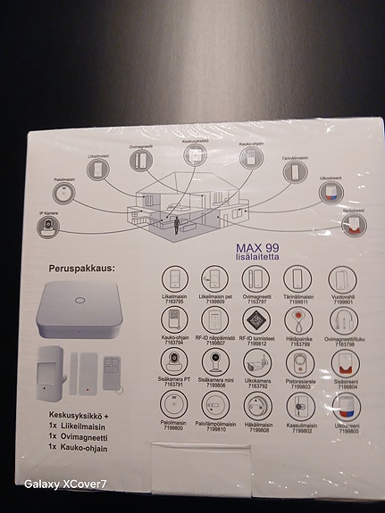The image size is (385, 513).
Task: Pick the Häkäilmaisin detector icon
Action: tap(257, 402)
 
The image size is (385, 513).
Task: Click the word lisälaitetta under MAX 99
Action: tap(257, 258)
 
